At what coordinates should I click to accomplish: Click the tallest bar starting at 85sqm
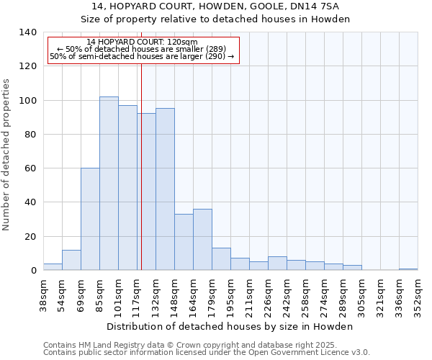point(109,184)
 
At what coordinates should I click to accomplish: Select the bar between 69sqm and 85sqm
point(90,219)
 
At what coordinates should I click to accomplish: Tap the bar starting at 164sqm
point(202,239)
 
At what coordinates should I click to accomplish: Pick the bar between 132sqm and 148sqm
point(165,189)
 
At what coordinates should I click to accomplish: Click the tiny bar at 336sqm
point(408,269)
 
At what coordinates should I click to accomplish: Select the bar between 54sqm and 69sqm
point(71,260)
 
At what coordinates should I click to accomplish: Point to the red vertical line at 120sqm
point(141,180)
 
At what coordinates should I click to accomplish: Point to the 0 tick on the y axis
point(33,271)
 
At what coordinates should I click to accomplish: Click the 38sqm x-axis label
point(44,293)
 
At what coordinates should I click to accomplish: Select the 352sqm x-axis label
point(418,293)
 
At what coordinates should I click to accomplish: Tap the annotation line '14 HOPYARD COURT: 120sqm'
point(141,42)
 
